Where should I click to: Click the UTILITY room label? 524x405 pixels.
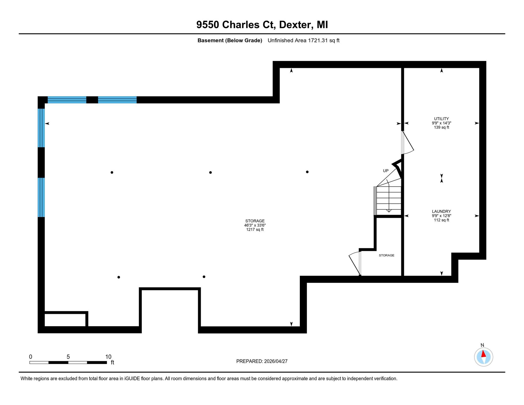[x=441, y=119]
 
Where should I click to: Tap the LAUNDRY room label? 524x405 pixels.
[x=441, y=211]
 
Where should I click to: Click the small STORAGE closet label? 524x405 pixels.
[x=387, y=255]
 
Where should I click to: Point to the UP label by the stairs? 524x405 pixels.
[x=386, y=171]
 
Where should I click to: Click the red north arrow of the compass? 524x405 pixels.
[x=483, y=354]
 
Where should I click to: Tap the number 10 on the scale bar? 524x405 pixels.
[x=108, y=357]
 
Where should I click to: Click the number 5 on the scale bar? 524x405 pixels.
[x=68, y=357]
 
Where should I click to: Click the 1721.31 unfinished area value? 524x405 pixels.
[x=318, y=40]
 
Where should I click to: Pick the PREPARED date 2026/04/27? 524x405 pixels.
[x=276, y=361]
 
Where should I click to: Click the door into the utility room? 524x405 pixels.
[x=407, y=142]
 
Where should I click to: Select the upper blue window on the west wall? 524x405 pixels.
[x=41, y=128]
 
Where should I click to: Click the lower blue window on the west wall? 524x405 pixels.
[x=41, y=197]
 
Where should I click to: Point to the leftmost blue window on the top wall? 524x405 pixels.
[x=67, y=100]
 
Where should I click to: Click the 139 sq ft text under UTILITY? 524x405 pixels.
[x=441, y=127]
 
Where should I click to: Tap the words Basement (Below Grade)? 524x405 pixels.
[x=230, y=40]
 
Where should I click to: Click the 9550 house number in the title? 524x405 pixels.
[x=208, y=25]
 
